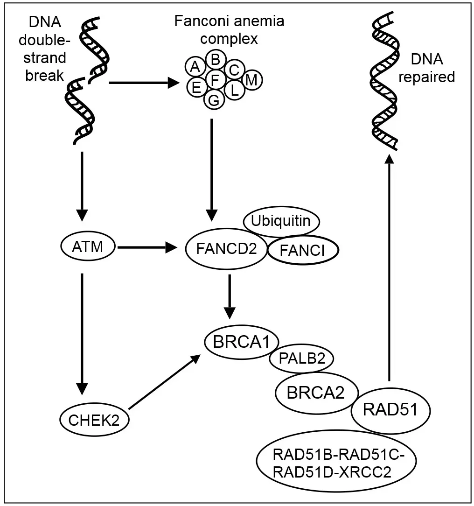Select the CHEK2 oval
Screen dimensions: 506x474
tap(94, 422)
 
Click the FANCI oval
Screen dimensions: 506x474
tap(302, 251)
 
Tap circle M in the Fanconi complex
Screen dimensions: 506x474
tap(252, 80)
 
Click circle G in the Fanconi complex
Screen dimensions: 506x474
tap(214, 99)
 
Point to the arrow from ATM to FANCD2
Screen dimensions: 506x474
tap(148, 248)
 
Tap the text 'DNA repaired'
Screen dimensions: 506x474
tap(433, 68)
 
